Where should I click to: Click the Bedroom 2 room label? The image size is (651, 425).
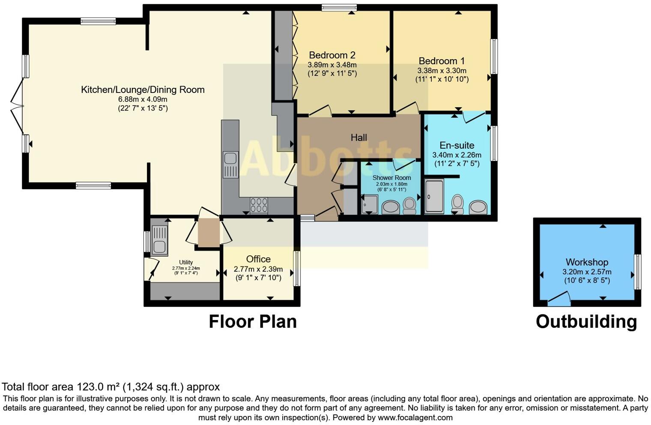(332, 55)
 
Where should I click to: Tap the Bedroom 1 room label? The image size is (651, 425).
(442, 61)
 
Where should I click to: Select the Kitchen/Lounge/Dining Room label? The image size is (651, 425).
(143, 90)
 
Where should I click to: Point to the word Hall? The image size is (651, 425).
(358, 138)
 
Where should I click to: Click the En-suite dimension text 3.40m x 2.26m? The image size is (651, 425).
(457, 155)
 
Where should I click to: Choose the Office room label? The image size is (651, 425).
(258, 259)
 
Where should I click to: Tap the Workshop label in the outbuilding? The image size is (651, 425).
(587, 262)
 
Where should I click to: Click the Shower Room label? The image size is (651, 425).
(391, 178)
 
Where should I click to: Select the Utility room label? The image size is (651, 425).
(186, 262)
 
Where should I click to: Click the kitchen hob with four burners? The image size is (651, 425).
(259, 205)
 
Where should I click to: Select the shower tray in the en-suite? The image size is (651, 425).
(434, 197)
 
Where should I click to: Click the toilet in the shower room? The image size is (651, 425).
(409, 205)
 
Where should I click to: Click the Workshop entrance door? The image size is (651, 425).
(559, 299)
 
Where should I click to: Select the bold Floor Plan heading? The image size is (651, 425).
(252, 321)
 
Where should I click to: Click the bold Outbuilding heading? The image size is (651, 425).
(586, 321)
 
